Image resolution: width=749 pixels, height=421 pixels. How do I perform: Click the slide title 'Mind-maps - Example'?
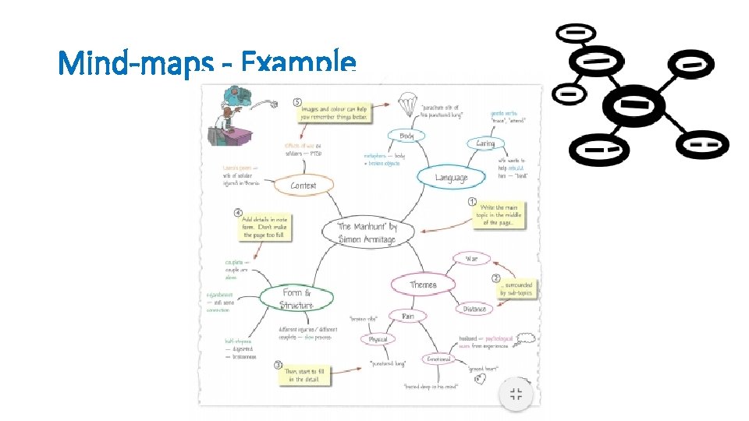coord(207,62)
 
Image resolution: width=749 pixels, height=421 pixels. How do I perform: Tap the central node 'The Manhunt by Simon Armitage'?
coord(367,232)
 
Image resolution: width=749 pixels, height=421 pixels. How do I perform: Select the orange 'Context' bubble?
coord(303,186)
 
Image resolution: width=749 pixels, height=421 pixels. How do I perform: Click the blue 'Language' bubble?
coord(451,178)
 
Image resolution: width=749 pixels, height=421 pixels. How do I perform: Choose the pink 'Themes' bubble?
coord(423,285)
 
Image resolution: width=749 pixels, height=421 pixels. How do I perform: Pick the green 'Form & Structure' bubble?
coord(296,299)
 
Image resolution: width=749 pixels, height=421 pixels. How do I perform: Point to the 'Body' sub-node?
coord(406,136)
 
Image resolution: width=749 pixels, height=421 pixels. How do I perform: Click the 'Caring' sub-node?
coord(485,143)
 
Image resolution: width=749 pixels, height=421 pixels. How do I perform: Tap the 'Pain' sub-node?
coord(407,316)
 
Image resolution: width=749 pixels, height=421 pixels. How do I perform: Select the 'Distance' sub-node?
coord(474,309)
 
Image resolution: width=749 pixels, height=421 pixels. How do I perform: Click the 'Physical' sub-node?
coord(378,339)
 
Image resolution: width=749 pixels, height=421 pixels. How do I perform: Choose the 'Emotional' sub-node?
coord(438,359)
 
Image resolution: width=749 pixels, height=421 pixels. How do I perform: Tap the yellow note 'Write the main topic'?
coord(498,215)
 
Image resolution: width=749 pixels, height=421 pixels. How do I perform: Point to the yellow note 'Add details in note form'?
coord(264,226)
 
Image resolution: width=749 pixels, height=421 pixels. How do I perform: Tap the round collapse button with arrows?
coord(516,394)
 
